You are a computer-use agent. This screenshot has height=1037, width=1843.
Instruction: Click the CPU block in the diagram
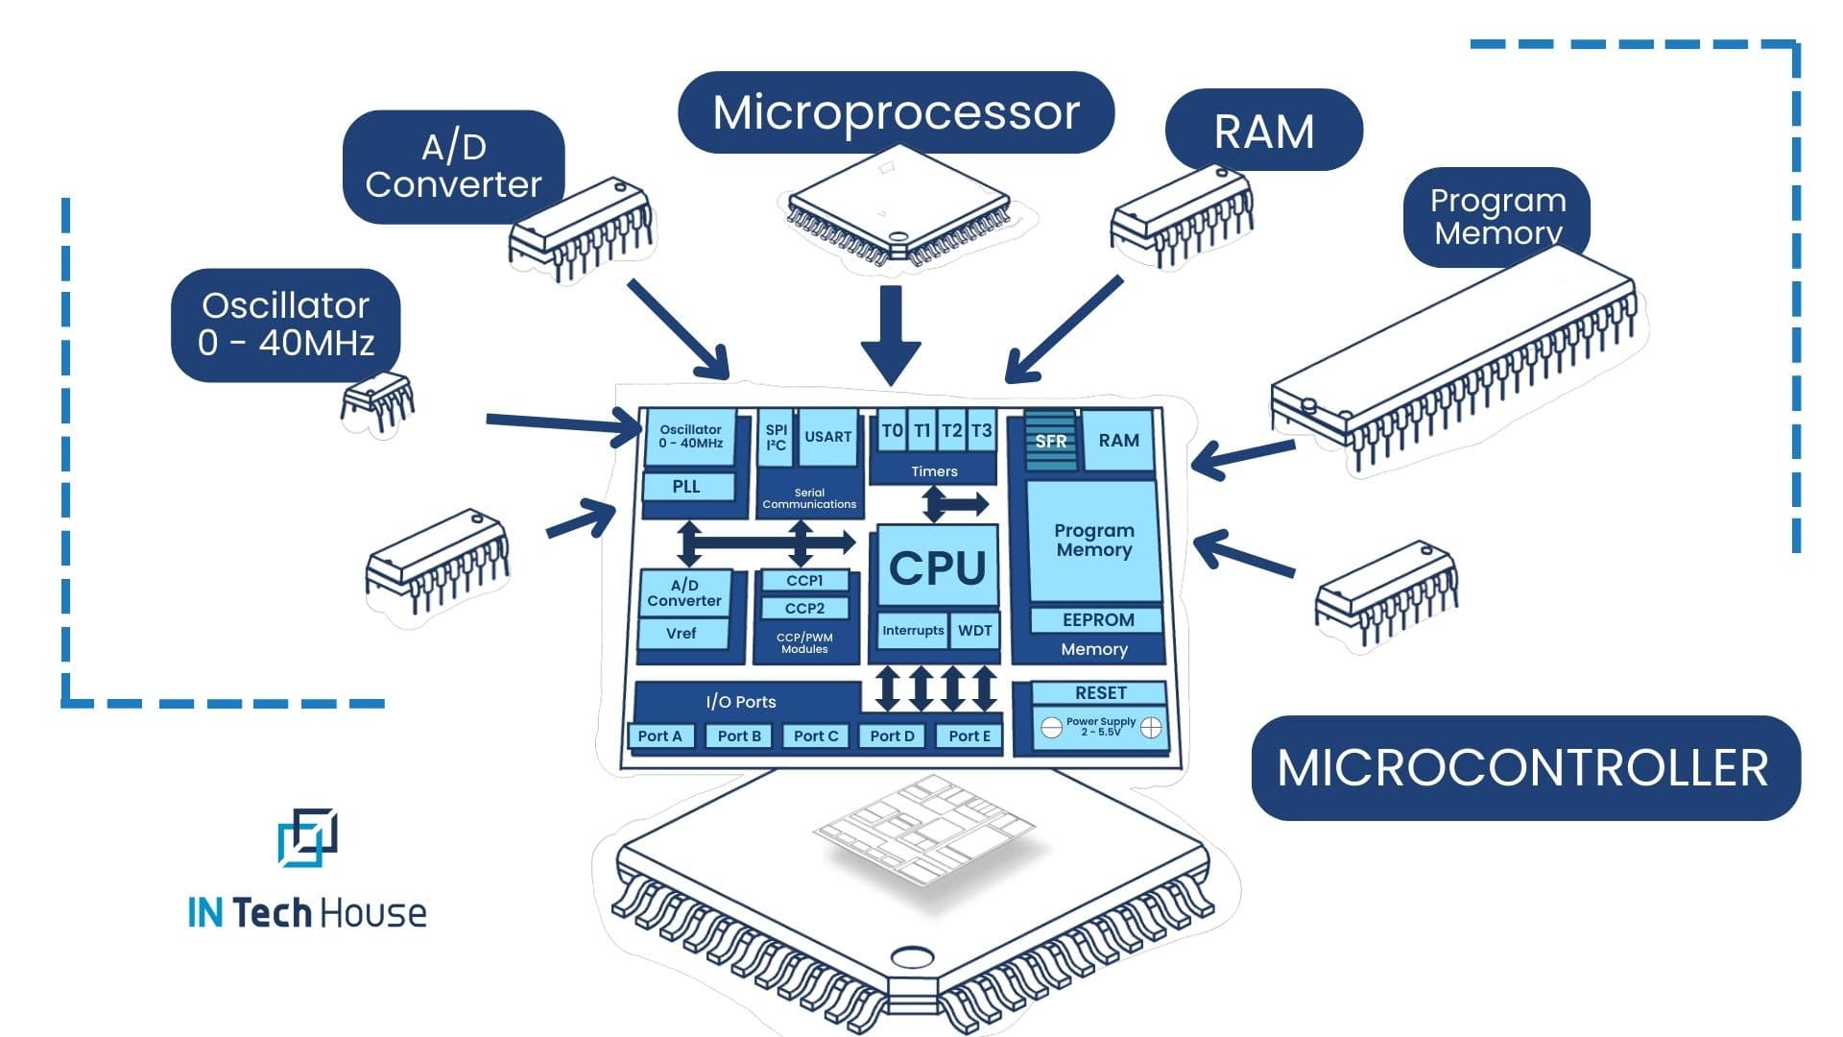(936, 567)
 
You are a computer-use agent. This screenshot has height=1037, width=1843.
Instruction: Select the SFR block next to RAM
(1050, 441)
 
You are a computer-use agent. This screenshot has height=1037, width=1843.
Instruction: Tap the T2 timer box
(951, 431)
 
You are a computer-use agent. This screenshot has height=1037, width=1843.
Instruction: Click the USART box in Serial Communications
(827, 437)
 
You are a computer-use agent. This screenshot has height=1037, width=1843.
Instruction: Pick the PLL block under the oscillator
(686, 487)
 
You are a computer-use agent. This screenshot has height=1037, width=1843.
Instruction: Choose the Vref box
(682, 634)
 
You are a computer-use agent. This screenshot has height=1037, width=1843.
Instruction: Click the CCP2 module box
(804, 609)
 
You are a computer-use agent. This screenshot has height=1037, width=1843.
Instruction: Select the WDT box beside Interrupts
(974, 631)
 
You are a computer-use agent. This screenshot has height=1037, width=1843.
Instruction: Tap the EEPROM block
(1097, 620)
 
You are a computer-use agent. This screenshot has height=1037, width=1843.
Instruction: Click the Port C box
(816, 736)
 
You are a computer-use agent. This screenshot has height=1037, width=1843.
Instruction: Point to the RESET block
(1100, 693)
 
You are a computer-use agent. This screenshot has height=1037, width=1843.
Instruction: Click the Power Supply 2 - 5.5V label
(1100, 727)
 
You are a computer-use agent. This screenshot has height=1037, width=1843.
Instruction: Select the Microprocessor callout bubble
(896, 112)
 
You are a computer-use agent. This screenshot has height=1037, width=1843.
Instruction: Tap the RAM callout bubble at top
(1263, 131)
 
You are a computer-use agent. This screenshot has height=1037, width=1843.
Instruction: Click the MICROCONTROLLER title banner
(1524, 768)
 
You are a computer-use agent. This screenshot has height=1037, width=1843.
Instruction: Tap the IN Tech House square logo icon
(307, 836)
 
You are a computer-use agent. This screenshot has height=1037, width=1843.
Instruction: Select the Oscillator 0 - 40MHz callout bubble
(285, 325)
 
